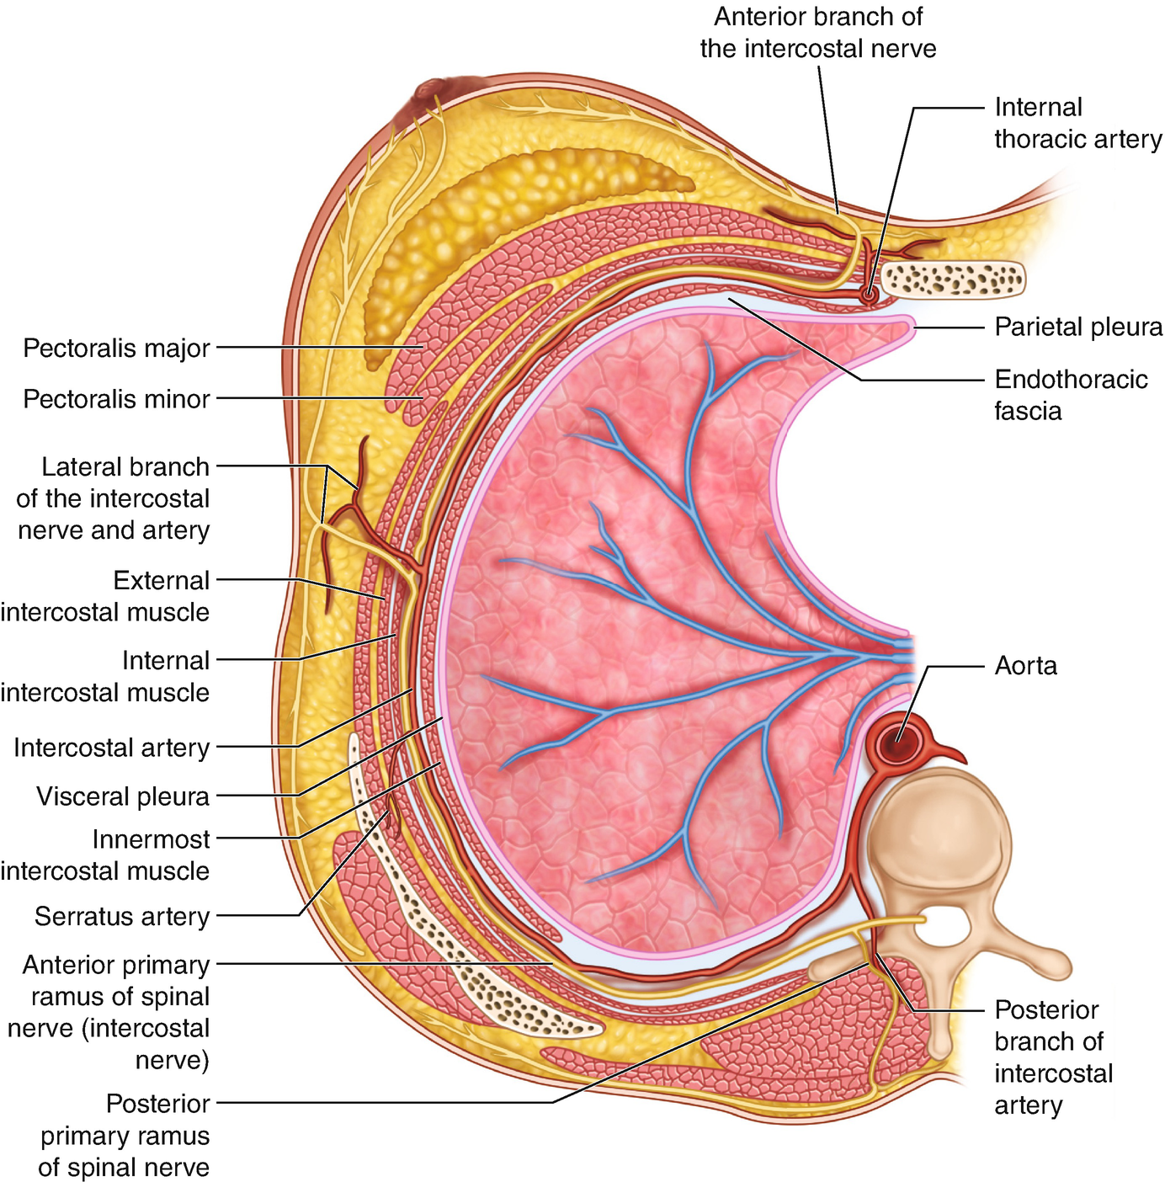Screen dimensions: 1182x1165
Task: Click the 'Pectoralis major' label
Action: click(116, 348)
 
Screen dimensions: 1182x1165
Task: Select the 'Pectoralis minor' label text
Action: click(116, 398)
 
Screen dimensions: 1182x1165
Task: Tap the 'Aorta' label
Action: click(1025, 666)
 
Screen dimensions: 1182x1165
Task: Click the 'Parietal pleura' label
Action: click(1078, 327)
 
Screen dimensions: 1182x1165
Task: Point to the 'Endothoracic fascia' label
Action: click(1070, 395)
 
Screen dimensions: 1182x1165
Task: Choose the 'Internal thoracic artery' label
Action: click(1077, 123)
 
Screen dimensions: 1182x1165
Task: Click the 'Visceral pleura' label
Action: click(123, 796)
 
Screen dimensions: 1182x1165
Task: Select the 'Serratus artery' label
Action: click(122, 916)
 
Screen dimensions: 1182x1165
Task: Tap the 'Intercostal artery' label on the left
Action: click(111, 748)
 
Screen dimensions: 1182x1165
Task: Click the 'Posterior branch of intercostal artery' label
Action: click(1053, 1057)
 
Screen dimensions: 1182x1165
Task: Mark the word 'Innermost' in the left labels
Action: click(152, 839)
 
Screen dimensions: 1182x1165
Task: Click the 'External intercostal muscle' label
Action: click(105, 596)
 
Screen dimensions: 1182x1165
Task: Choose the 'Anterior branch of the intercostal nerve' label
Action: click(818, 33)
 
